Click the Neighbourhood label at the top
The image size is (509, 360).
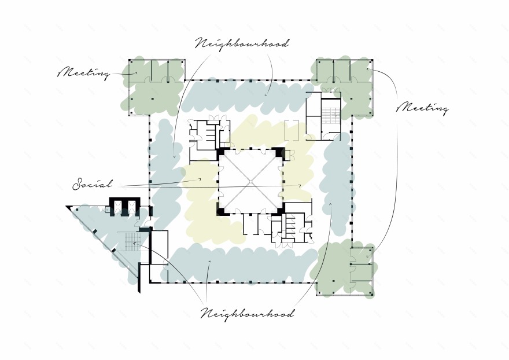pyautogui.click(x=242, y=44)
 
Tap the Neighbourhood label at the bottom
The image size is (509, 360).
pyautogui.click(x=248, y=314)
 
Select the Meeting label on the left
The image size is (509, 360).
pyautogui.click(x=84, y=72)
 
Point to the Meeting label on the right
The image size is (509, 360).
pyautogui.click(x=423, y=108)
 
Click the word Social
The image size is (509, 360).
pyautogui.click(x=93, y=184)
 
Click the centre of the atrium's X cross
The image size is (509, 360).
pyautogui.click(x=250, y=182)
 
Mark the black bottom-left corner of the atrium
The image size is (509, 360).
pyautogui.click(x=222, y=210)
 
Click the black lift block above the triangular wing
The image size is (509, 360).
pyautogui.click(x=125, y=207)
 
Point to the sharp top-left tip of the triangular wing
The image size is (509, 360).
pyautogui.click(x=66, y=206)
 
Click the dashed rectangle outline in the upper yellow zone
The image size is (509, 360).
pyautogui.click(x=292, y=130)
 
